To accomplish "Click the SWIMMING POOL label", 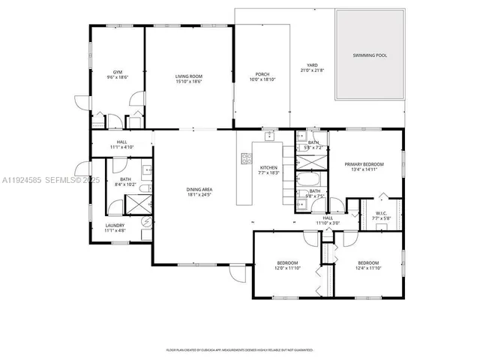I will tap(370, 55).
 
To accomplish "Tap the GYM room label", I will tap(117, 72).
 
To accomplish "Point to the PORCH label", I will tap(262, 73).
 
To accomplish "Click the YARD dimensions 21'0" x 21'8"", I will tap(312, 70).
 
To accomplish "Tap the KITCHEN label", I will tap(269, 167).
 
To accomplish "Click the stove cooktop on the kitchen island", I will tap(245, 158).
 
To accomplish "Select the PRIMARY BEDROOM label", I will tap(364, 163).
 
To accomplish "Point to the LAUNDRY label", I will tap(115, 225).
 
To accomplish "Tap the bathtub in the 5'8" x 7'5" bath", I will tap(308, 181).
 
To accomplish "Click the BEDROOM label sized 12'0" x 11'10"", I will tap(287, 263).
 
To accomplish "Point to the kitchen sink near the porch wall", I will tap(267, 137).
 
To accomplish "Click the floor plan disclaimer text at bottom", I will tap(240, 350).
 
